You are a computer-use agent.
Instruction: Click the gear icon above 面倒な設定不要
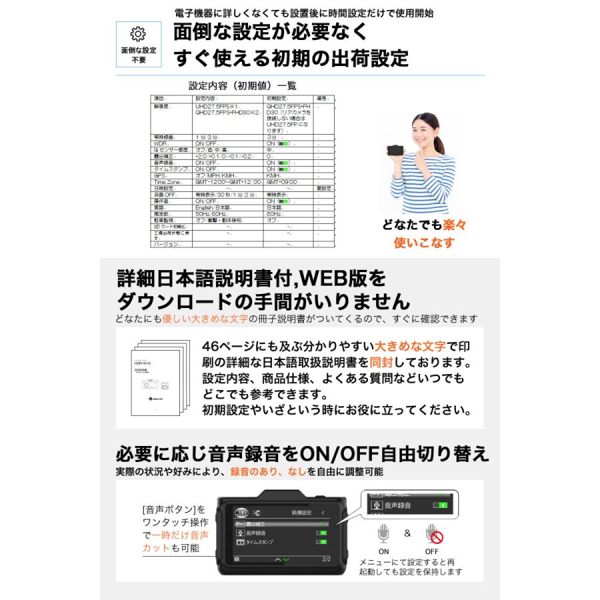(x=138, y=34)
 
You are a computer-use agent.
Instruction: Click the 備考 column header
(x=321, y=98)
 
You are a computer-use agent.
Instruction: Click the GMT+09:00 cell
(x=280, y=181)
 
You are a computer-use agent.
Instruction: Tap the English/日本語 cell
(x=213, y=207)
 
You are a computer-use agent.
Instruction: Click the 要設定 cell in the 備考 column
(x=323, y=188)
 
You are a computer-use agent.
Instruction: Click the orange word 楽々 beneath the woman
(x=455, y=225)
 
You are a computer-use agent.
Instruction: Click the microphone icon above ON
(x=384, y=535)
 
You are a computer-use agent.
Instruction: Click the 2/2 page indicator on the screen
(x=325, y=559)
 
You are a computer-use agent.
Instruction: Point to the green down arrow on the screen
(x=286, y=560)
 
